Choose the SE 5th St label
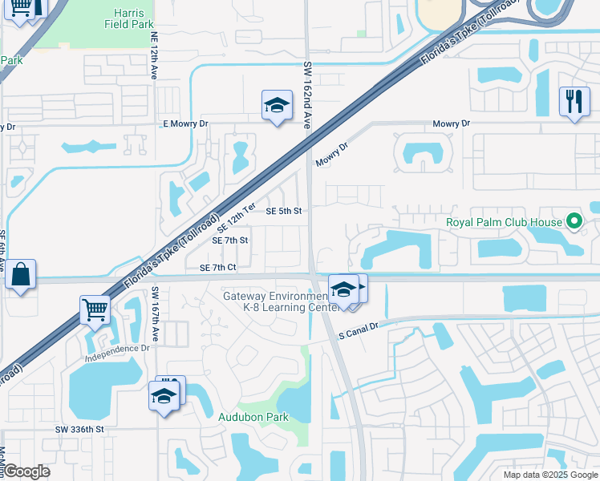[283, 212]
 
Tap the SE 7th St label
[229, 240]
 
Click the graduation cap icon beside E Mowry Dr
[276, 105]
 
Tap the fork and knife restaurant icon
[574, 101]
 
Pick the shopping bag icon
[20, 275]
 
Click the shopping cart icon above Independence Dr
[95, 309]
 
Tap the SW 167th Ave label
[155, 315]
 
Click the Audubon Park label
[253, 417]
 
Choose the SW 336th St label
[79, 430]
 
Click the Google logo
[26, 471]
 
